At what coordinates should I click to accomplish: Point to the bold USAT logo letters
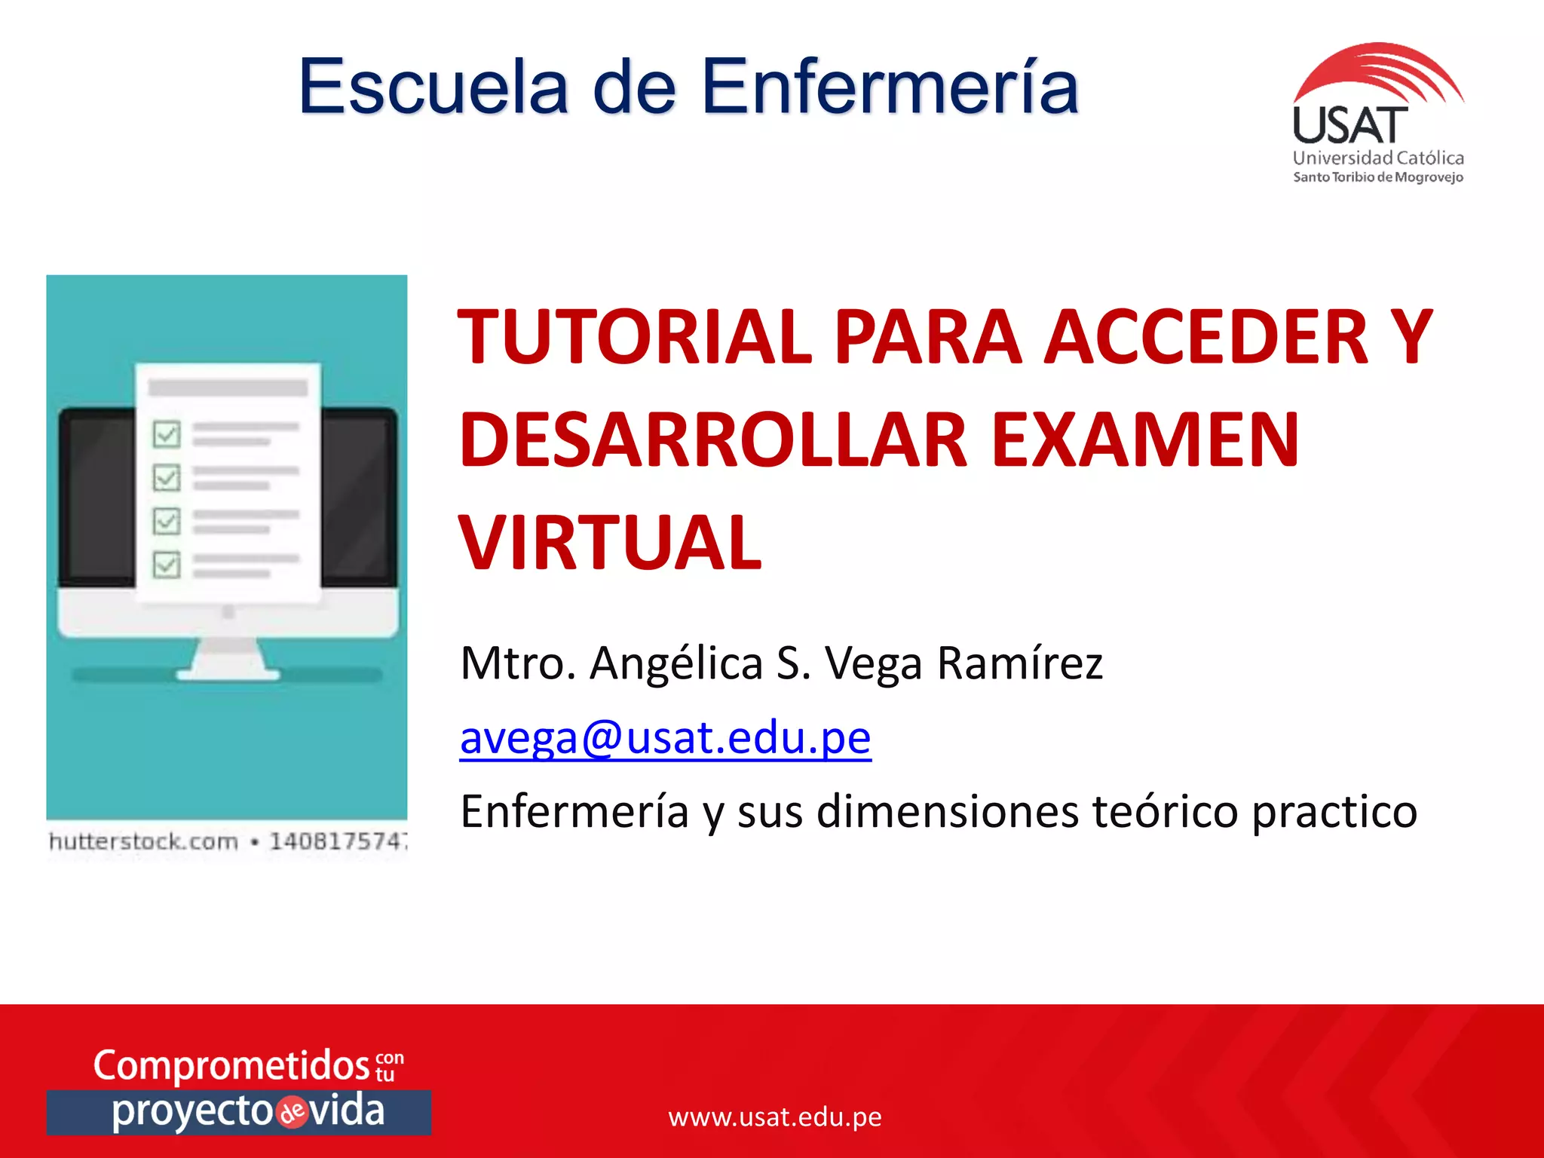coord(1349,126)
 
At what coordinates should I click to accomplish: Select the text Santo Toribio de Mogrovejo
coord(1378,177)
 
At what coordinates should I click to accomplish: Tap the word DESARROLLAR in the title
coord(712,440)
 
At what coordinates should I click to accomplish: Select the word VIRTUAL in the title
coord(611,543)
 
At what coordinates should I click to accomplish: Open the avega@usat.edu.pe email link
coord(665,737)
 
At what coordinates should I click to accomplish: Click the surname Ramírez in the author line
coord(1019,663)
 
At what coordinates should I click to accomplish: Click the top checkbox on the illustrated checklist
coord(167,433)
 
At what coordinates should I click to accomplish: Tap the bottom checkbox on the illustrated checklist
coord(167,564)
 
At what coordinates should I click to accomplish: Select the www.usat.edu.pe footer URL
coord(774,1117)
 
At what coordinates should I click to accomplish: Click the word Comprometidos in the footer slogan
coord(231,1065)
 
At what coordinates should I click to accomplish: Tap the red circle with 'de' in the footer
coord(293,1113)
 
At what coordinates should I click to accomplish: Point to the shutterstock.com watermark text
coord(143,841)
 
